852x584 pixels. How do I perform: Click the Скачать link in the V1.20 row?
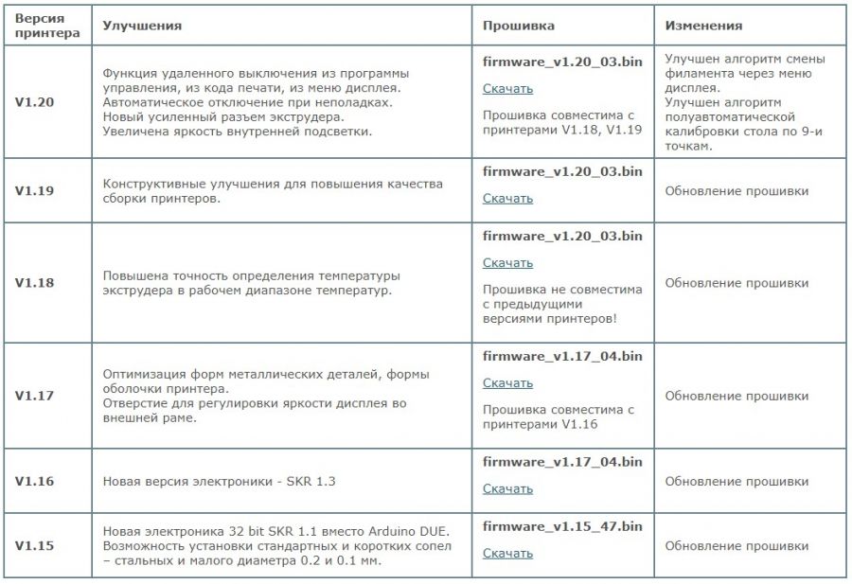tap(507, 89)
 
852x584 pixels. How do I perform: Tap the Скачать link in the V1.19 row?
tap(507, 199)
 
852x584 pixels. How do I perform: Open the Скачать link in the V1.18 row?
tap(507, 263)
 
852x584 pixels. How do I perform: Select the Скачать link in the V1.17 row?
tap(507, 383)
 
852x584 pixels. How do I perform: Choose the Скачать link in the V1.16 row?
tap(507, 489)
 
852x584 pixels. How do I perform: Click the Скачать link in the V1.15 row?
tap(507, 554)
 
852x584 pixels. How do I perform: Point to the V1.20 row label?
tap(34, 100)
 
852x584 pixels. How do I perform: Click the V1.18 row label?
tap(34, 283)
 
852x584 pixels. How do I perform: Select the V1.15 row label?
tap(34, 545)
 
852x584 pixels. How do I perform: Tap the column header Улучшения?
tap(142, 26)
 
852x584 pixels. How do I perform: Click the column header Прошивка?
tap(519, 26)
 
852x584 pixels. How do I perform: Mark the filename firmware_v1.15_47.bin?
tap(562, 526)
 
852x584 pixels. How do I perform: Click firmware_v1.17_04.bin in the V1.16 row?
tap(562, 462)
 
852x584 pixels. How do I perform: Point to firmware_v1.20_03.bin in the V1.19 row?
tap(562, 171)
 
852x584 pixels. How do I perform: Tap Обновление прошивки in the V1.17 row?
tap(737, 396)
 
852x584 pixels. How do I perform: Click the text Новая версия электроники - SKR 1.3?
tap(219, 482)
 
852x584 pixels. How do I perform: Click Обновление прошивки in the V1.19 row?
tap(737, 191)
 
